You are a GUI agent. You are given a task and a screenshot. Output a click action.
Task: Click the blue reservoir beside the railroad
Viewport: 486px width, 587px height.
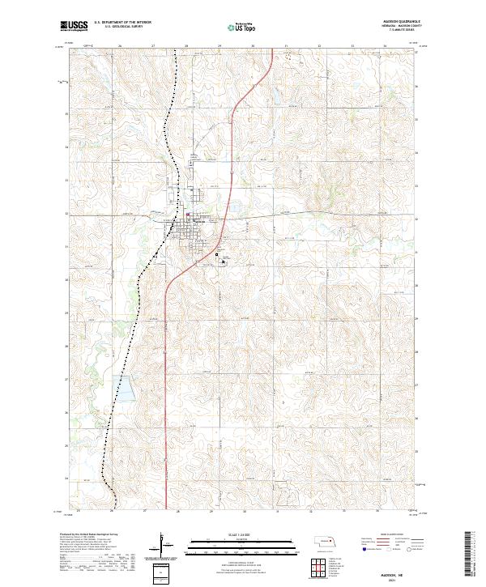coord(127,389)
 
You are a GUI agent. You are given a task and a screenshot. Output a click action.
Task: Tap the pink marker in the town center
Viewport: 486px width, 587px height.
coord(188,215)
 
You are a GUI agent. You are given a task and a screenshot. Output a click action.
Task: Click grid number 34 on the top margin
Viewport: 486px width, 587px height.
coord(385,46)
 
